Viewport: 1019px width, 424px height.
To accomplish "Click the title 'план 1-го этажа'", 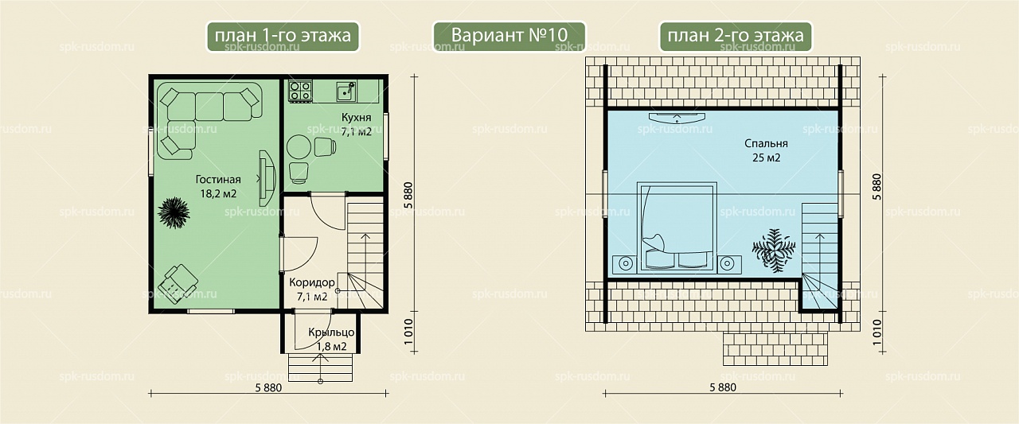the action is (x=283, y=36).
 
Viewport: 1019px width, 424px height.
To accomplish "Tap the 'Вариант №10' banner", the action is (x=509, y=36).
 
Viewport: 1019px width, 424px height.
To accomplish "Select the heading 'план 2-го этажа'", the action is (x=736, y=36).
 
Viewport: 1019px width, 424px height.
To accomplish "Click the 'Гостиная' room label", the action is (x=218, y=180).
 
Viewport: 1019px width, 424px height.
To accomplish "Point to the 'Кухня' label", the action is (x=356, y=118).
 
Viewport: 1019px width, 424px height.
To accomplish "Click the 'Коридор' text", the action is (x=312, y=282).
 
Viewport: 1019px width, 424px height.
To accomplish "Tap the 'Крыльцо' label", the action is (x=331, y=333).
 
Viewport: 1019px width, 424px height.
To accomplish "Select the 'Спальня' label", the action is (x=766, y=144).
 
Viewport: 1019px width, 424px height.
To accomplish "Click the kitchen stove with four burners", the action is (x=300, y=91).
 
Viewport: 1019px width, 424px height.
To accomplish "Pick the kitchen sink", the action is (x=346, y=91).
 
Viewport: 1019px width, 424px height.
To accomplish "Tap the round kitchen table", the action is (x=299, y=147).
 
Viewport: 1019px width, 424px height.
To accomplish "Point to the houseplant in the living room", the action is (x=174, y=212).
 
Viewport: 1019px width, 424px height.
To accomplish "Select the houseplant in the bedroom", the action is (x=774, y=251).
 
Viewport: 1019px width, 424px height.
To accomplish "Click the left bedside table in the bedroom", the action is (x=625, y=264).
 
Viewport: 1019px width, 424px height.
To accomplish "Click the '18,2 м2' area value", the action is (x=218, y=194).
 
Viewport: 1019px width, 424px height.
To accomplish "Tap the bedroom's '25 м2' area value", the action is (x=766, y=158).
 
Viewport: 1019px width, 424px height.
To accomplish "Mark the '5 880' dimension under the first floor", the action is (x=268, y=388).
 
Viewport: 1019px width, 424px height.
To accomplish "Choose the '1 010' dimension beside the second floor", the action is (x=877, y=333).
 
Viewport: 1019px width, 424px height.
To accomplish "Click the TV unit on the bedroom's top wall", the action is (x=677, y=118).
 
